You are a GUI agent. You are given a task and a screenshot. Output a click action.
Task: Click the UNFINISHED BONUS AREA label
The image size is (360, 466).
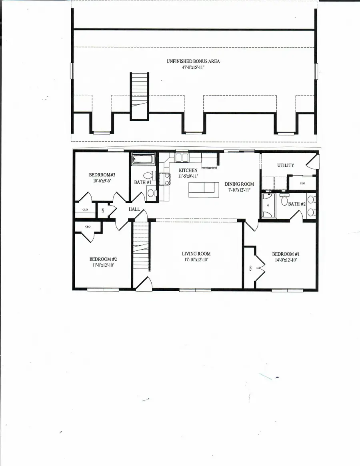(193, 62)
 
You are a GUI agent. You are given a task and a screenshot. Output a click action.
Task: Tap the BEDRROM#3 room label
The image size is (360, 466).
(102, 175)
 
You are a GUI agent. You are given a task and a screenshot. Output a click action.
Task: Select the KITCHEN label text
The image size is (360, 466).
(188, 170)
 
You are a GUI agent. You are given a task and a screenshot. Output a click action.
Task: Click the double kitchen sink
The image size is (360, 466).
(182, 157)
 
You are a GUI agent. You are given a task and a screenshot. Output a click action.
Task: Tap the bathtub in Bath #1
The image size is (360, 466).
(143, 159)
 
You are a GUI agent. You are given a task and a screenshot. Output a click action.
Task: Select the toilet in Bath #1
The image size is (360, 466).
(148, 176)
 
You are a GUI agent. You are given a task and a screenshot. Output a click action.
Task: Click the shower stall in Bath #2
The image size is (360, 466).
(268, 206)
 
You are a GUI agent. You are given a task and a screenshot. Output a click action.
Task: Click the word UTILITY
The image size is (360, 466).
(286, 165)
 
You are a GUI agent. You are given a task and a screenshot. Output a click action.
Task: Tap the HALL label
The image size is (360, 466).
(134, 209)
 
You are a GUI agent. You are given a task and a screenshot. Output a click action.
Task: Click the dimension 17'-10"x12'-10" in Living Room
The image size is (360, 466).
(196, 260)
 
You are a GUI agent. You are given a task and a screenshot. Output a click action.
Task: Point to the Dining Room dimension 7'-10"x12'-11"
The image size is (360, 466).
(239, 190)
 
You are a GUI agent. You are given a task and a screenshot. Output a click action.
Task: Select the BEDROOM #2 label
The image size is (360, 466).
(103, 259)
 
